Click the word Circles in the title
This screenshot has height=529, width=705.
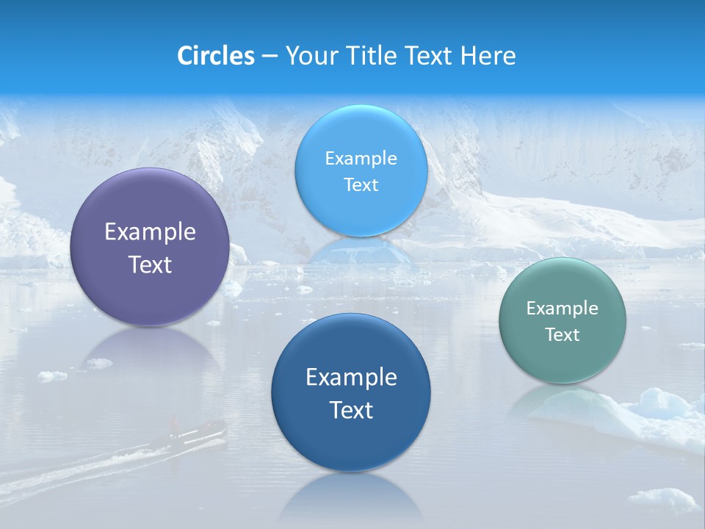click(216, 56)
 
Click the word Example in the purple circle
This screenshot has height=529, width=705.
click(150, 232)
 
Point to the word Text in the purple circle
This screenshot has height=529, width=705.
click(150, 264)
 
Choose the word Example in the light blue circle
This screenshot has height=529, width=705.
click(361, 159)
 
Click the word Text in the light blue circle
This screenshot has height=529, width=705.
click(361, 185)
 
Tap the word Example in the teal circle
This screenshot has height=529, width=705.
click(563, 309)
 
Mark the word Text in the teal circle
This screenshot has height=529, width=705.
click(563, 335)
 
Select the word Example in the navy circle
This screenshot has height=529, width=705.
click(351, 378)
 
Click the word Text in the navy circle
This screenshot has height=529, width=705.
click(351, 410)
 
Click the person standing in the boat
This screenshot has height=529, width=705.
click(175, 423)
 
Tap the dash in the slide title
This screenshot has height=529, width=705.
click(270, 57)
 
